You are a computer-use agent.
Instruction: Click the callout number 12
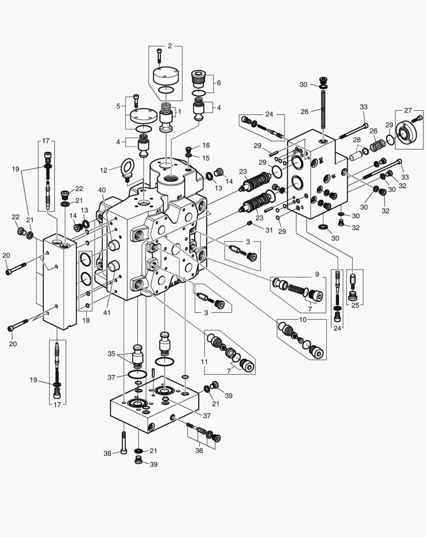[104, 170]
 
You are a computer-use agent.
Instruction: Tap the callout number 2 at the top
[170, 46]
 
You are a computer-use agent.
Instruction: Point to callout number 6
[218, 83]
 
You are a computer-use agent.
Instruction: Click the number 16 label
[206, 145]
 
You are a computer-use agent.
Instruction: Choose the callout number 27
[408, 110]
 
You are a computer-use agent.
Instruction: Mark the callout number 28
[357, 141]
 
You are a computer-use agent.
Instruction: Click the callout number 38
[107, 453]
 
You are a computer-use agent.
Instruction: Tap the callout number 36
[199, 451]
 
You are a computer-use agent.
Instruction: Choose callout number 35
[112, 354]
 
